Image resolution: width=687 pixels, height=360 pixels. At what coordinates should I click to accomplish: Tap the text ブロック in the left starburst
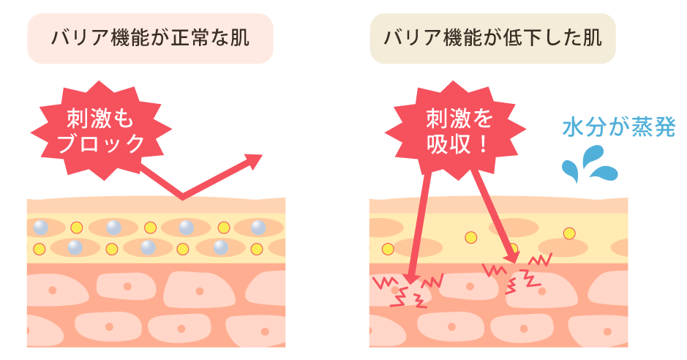coord(102,143)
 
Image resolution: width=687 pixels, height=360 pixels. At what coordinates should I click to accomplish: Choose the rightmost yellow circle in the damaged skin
coord(568,233)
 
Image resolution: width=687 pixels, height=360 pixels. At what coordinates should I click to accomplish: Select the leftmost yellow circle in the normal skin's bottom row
coord(40,249)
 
